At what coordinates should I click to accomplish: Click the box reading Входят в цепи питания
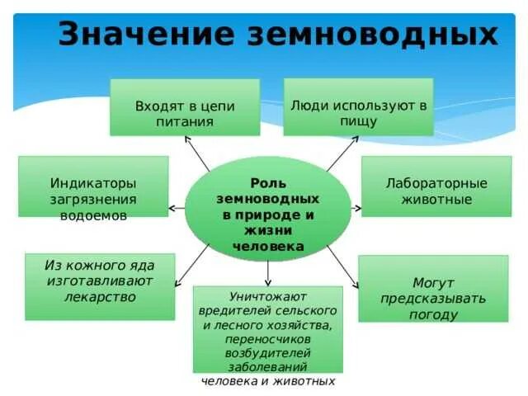click(185, 107)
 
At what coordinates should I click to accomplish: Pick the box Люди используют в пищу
click(358, 107)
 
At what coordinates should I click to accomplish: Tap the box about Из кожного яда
click(100, 285)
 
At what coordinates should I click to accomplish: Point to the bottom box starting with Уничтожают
click(267, 329)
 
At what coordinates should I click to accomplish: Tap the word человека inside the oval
click(268, 246)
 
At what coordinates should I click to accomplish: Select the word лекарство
click(100, 298)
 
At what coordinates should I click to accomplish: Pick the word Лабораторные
click(436, 182)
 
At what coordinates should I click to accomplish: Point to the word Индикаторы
click(93, 183)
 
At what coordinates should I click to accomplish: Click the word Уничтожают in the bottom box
click(267, 295)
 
